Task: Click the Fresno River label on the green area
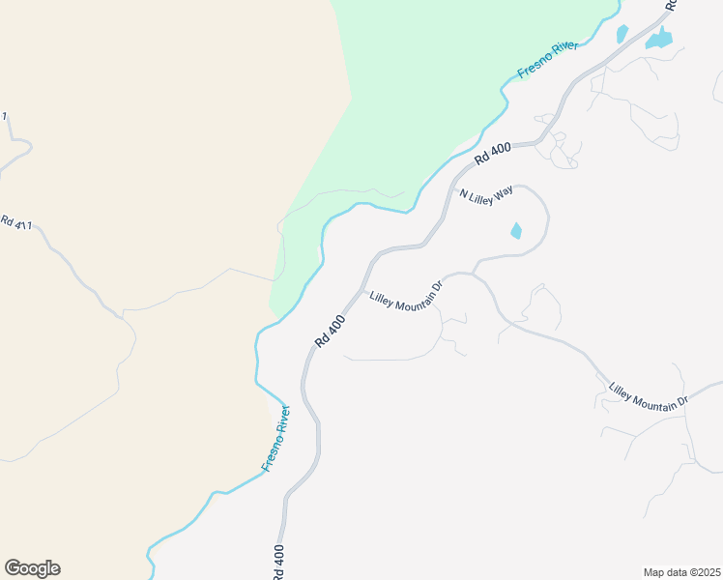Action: [548, 59]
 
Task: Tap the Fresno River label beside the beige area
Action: [275, 439]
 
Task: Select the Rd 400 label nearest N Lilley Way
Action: [492, 152]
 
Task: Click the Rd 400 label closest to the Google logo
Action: [278, 562]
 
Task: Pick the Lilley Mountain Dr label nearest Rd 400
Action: [406, 291]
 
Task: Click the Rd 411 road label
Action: [15, 224]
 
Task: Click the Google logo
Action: [32, 568]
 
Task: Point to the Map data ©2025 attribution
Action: [681, 572]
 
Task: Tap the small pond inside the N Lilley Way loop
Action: [515, 231]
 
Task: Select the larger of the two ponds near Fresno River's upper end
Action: [660, 40]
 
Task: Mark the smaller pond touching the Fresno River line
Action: [622, 34]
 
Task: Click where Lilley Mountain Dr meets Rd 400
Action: [362, 287]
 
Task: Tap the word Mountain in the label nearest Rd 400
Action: [412, 291]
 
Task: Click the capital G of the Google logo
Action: [13, 568]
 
